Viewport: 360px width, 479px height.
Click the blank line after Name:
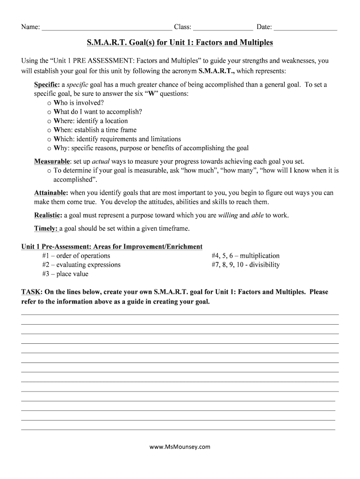(x=107, y=28)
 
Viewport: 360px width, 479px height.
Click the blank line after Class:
(x=223, y=28)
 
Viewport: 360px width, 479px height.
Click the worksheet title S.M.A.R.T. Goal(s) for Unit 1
(x=180, y=43)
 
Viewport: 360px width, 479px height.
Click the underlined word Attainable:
(x=51, y=193)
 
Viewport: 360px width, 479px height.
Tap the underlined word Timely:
(x=46, y=229)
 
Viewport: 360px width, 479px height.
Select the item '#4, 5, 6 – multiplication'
(x=245, y=256)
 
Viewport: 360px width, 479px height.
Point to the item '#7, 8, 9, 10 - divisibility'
(x=245, y=265)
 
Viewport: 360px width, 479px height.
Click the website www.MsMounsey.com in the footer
(x=180, y=447)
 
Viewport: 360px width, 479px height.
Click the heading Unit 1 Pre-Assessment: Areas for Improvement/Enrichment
(x=112, y=247)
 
